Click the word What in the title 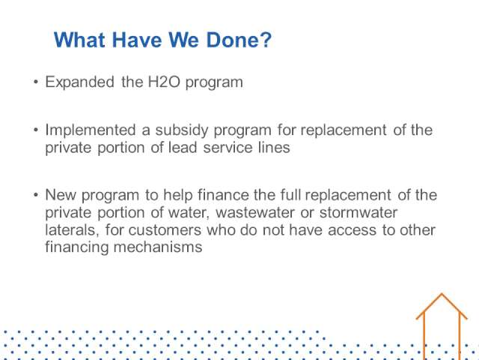pos(80,40)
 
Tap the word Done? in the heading pos(239,40)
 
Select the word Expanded pos(80,82)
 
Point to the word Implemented pos(91,130)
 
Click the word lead pos(183,148)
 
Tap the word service pos(228,148)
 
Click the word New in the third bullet pos(61,195)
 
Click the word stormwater pos(359,213)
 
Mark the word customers pos(165,230)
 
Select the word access pos(352,230)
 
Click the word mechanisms pos(158,247)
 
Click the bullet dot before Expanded pos(36,82)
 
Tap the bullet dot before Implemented pos(36,130)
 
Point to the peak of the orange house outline pos(442,294)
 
